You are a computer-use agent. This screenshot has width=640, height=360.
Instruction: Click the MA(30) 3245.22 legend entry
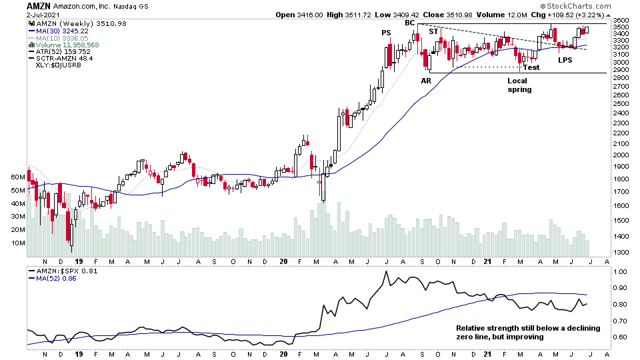point(60,31)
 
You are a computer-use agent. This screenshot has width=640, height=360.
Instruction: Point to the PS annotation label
point(386,33)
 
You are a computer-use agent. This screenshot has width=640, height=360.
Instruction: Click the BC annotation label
point(410,23)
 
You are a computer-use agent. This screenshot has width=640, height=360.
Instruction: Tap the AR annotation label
point(426,81)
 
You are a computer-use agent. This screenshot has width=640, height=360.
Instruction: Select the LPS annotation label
point(565,60)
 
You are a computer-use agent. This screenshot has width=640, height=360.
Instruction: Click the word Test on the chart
point(531,67)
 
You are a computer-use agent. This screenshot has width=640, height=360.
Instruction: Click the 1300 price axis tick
point(621,252)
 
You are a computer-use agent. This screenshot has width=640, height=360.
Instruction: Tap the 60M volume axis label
point(17,177)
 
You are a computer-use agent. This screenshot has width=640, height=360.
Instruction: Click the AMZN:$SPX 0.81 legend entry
point(61,271)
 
